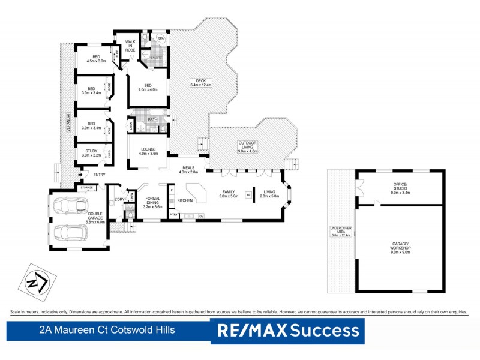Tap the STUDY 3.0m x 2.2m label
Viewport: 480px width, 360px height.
(x=91, y=153)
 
